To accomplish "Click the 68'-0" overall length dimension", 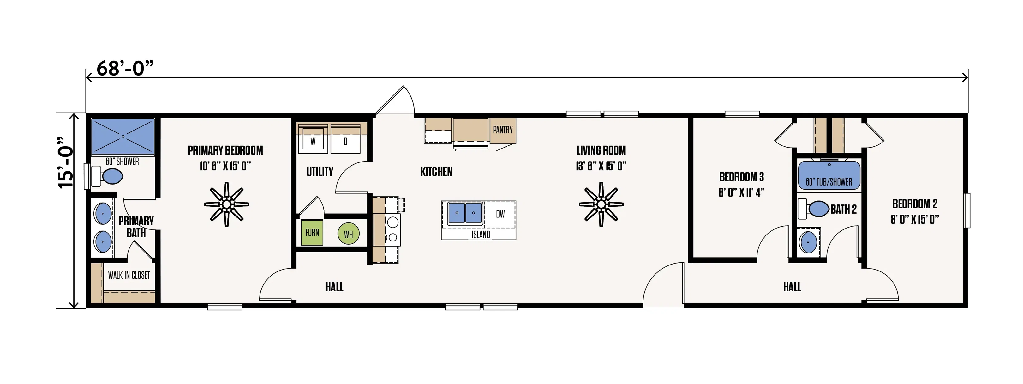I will [125, 68].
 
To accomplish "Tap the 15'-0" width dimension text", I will [66, 163].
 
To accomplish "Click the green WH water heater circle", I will [348, 234].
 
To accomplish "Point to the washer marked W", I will [313, 142].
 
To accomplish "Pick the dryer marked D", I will [345, 142].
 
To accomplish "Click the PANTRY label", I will [502, 130].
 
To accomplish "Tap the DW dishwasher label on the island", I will [500, 214].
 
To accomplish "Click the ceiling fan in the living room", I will [601, 204].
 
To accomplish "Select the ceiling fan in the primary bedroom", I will [226, 204].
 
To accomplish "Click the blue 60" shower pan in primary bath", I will [123, 136].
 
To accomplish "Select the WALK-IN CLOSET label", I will [129, 275].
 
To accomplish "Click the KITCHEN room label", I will [436, 172].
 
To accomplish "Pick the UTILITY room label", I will [320, 172].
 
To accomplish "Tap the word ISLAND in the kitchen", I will [481, 235].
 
